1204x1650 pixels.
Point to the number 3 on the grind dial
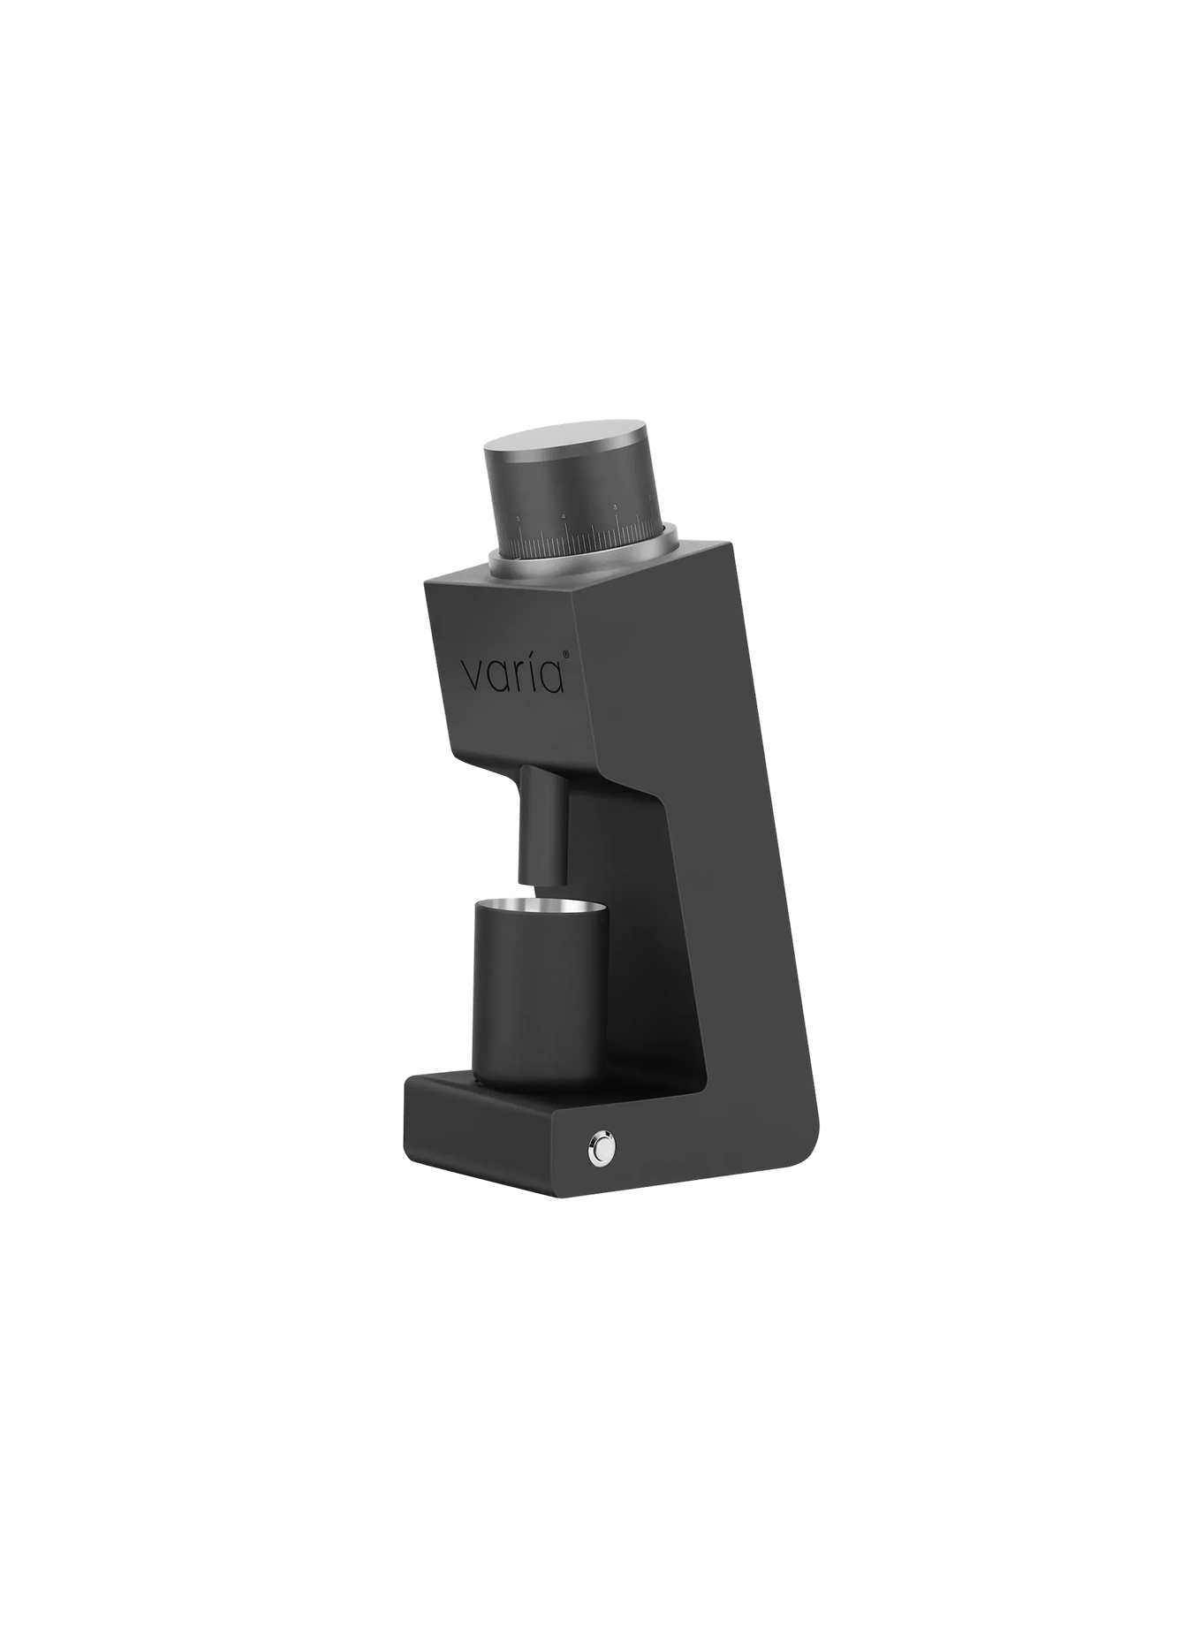click(615, 507)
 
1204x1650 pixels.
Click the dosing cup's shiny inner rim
click(541, 907)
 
